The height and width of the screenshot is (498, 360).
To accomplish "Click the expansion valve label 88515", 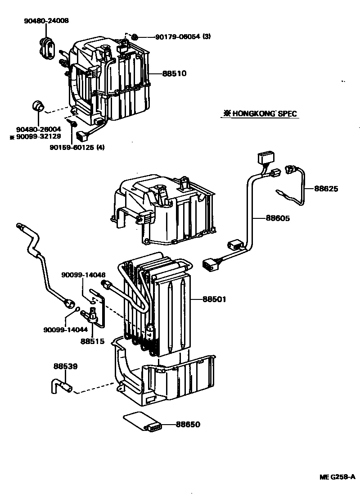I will (x=92, y=341).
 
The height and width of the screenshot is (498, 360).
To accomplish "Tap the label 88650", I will (x=188, y=424).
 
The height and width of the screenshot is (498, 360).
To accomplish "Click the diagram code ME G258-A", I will (x=337, y=477).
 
